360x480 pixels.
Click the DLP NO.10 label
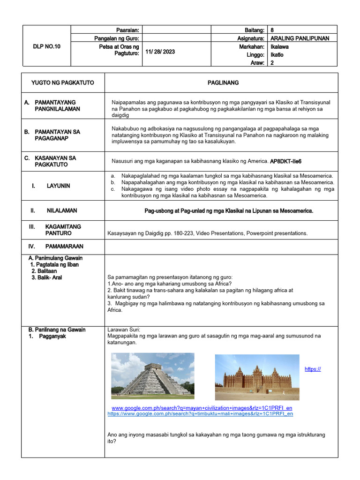(x=46, y=46)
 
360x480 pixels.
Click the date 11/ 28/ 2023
(x=160, y=52)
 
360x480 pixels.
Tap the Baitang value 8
(x=273, y=30)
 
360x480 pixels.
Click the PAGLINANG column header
(x=223, y=82)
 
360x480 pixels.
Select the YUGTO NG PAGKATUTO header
(x=62, y=82)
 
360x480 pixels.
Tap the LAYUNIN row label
(x=58, y=186)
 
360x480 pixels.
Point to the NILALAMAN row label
(x=62, y=211)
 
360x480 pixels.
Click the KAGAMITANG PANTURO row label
(x=63, y=230)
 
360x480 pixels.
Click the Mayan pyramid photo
(x=152, y=375)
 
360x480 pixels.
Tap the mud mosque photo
(x=257, y=377)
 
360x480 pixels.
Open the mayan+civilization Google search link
(x=202, y=408)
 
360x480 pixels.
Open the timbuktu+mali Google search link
(x=200, y=414)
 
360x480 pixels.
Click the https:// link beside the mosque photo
(x=313, y=369)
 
